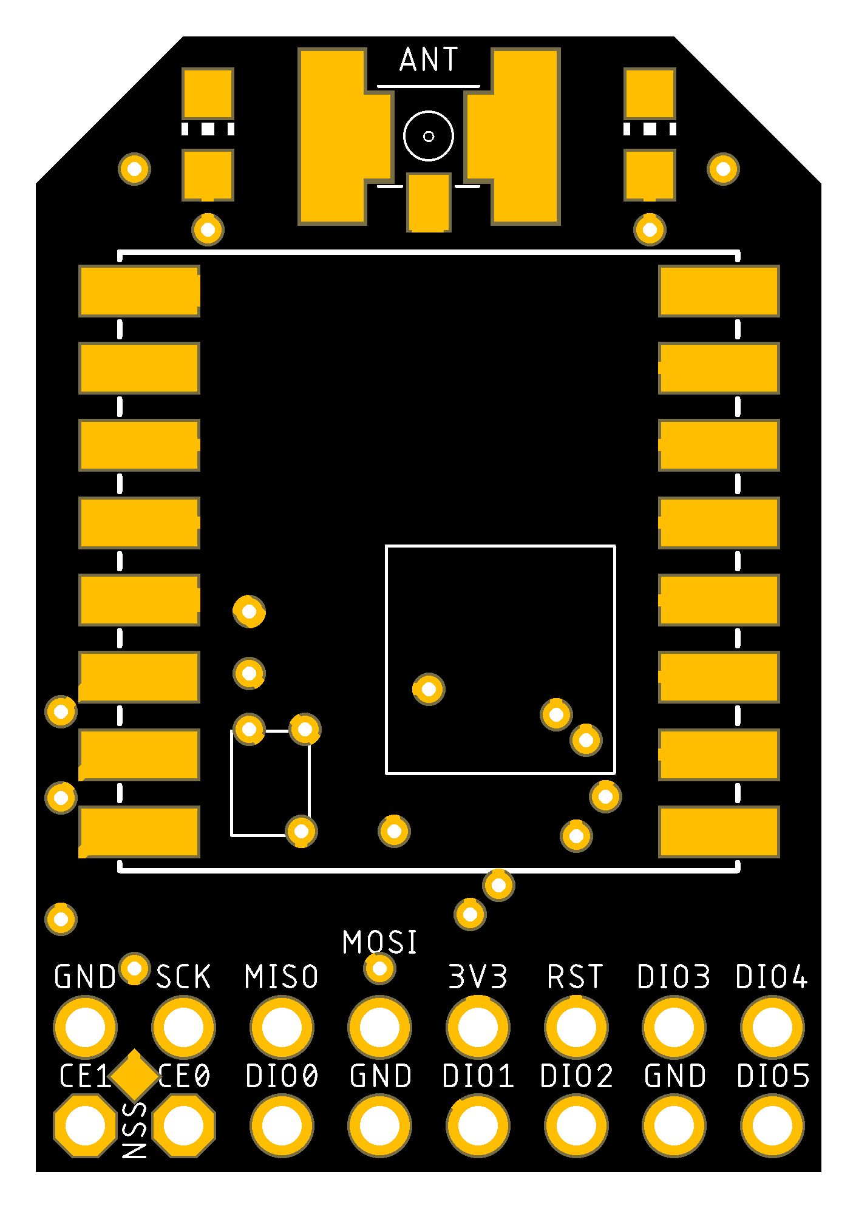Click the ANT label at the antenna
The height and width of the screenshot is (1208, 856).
tap(429, 59)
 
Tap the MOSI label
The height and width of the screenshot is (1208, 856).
tap(380, 942)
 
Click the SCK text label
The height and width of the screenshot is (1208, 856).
tap(183, 977)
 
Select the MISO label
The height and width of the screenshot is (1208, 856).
tap(282, 977)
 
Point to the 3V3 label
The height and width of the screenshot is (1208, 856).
tap(478, 977)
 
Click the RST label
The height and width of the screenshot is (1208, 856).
tap(576, 977)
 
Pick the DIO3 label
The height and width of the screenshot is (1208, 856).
tap(674, 977)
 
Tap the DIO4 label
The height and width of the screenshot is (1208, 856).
tap(772, 977)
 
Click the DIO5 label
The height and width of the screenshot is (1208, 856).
tap(773, 1076)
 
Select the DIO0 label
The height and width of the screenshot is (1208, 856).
tap(282, 1076)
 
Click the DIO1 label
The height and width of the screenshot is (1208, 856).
tap(478, 1076)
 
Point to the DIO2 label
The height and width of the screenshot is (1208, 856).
tap(576, 1076)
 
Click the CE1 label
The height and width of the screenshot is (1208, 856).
tap(84, 1076)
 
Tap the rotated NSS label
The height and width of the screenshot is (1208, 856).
tap(135, 1130)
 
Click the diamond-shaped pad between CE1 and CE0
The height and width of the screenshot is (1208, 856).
tap(135, 1075)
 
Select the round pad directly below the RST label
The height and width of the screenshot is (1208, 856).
tap(576, 1027)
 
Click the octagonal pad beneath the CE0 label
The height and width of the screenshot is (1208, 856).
tap(183, 1125)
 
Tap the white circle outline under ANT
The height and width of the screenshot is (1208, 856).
tap(429, 136)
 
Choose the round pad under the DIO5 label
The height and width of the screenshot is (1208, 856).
tap(772, 1125)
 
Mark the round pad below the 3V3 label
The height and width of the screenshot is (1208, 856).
tap(478, 1027)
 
